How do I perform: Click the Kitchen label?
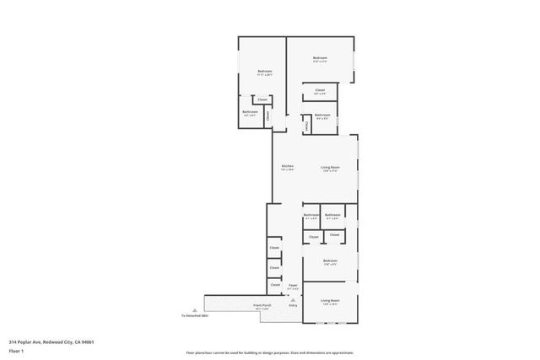pos(287,165)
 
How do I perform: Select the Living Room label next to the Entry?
pos(330,300)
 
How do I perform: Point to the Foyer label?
pos(294,287)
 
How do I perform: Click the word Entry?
pos(294,305)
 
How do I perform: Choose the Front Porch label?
pos(262,305)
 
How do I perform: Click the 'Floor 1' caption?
pos(16,351)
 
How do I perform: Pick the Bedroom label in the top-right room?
pos(320,57)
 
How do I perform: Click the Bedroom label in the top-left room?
pos(264,71)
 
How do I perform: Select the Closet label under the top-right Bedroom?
pos(320,90)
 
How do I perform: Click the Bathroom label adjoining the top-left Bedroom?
pos(250,111)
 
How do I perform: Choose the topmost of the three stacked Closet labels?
pos(274,248)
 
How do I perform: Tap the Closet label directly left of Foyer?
pos(275,285)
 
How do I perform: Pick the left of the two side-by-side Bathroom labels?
pos(310,215)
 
